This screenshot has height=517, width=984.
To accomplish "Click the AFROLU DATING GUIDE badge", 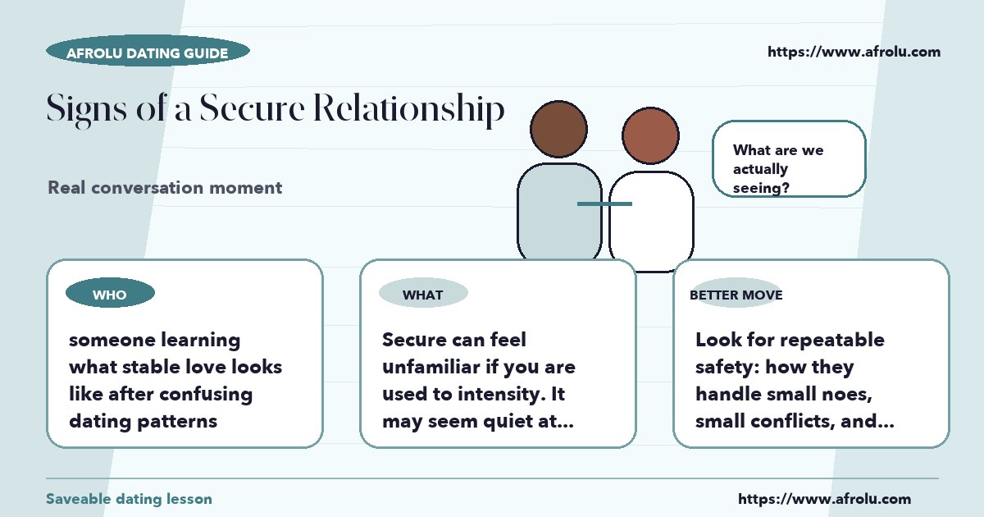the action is (148, 51).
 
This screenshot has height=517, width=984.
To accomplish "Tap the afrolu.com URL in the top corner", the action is (854, 52).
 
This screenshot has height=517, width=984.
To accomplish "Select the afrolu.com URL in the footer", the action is (824, 499).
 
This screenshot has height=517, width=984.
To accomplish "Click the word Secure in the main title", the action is (253, 108).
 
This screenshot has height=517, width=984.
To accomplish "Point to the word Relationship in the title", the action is (409, 109).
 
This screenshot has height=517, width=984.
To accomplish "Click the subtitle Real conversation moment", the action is (165, 188).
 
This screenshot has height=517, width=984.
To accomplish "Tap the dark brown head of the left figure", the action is (558, 129).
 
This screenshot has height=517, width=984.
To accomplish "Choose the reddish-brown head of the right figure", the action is (650, 135).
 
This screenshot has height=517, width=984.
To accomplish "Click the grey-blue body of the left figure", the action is (559, 212).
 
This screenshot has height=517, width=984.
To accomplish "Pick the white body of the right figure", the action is (651, 220).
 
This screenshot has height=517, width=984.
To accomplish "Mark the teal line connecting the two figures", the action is (604, 204).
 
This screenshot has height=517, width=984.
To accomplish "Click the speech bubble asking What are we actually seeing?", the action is (789, 158).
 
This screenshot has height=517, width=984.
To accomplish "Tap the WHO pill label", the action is (110, 293).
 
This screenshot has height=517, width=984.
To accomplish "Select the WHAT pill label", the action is (423, 293).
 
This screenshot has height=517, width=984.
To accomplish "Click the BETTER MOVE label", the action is (736, 295).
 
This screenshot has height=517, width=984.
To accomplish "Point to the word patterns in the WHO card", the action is (177, 421).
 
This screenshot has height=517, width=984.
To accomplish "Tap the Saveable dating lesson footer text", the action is (130, 499).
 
